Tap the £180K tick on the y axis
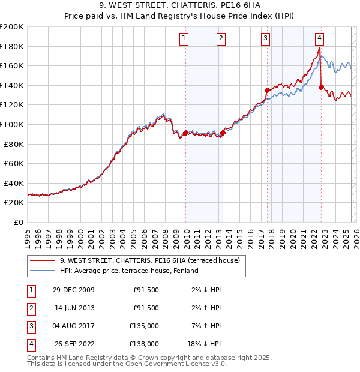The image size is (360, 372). click(12, 46)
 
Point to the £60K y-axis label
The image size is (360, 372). click(14, 163)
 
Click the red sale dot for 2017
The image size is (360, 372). click(266, 90)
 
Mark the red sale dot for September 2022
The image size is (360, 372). click(321, 87)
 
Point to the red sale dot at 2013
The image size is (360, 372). click(223, 133)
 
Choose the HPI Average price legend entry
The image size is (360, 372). click(129, 271)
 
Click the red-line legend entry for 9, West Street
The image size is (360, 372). click(149, 260)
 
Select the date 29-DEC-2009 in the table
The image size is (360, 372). click(73, 290)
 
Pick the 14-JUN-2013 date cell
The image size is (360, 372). click(73, 308)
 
